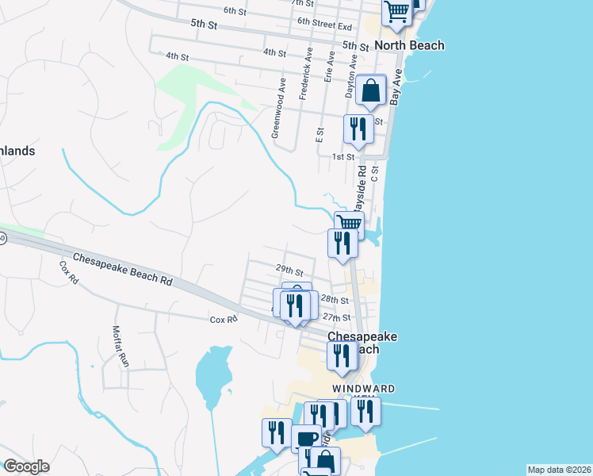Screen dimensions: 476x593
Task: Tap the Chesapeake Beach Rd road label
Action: click(122, 270)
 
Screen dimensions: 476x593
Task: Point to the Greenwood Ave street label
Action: click(279, 107)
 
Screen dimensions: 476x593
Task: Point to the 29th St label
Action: click(289, 271)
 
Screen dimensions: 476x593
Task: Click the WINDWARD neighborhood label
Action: click(363, 388)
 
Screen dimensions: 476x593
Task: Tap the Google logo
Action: click(26, 466)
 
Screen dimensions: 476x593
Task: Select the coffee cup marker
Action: click(306, 439)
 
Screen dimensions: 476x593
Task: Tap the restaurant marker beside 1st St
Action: click(358, 129)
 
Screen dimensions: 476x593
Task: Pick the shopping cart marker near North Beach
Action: click(396, 12)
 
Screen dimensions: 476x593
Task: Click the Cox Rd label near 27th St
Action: click(224, 320)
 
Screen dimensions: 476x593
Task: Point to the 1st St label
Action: click(342, 157)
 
